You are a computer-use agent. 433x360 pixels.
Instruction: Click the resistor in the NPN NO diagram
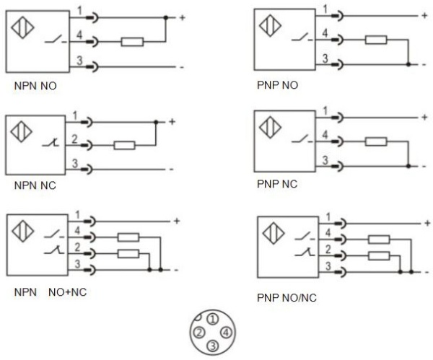131,43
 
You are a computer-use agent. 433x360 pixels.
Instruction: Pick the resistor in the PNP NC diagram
375,141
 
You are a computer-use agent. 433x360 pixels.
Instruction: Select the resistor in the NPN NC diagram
124,145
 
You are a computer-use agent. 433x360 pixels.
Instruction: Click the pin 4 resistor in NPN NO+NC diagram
128,237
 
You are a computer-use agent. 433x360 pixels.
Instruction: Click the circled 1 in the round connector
211,317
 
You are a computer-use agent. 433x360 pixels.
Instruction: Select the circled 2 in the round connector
197,331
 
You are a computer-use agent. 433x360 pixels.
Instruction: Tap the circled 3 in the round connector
211,346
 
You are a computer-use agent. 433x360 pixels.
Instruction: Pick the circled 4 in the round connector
226,331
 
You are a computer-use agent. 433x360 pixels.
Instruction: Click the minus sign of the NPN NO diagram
182,67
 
